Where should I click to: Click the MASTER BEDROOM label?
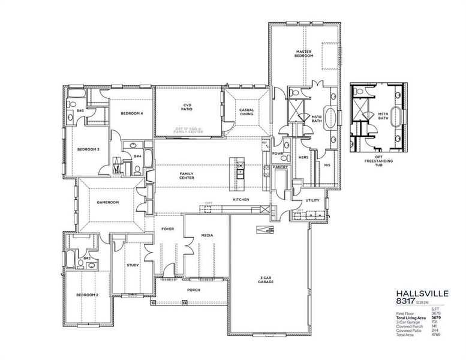(x=305, y=55)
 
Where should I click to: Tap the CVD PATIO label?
(x=187, y=108)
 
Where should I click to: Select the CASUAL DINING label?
(x=247, y=112)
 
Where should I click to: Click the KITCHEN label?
(x=241, y=199)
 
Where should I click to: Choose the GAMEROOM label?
(x=108, y=202)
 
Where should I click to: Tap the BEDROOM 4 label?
(x=131, y=113)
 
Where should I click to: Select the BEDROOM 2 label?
(x=86, y=295)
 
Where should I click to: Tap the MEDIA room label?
(x=207, y=236)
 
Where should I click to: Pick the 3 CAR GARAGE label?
(x=266, y=278)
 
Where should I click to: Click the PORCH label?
(x=193, y=290)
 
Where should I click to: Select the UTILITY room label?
(x=312, y=200)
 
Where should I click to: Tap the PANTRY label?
(x=280, y=167)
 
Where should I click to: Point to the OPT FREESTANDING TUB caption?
(x=376, y=163)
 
